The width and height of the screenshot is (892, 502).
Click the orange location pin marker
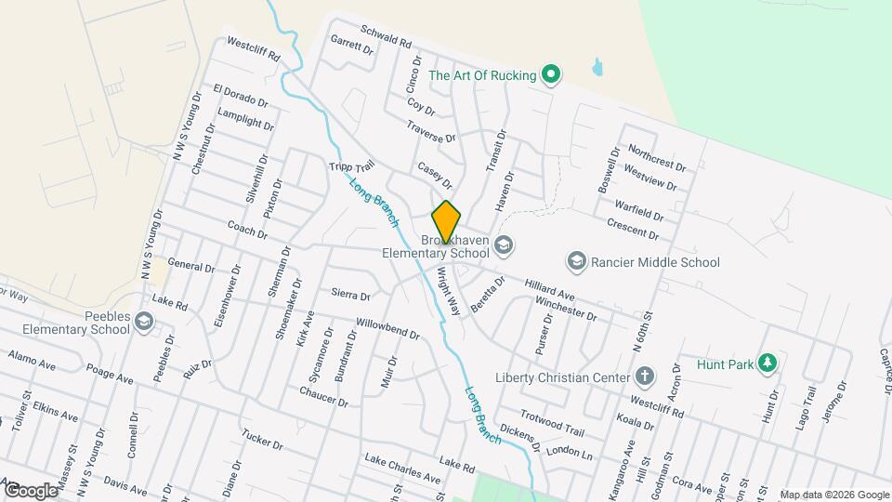click(446, 222)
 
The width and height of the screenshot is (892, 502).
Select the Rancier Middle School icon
click(576, 262)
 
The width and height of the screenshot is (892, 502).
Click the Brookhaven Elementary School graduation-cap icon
click(504, 244)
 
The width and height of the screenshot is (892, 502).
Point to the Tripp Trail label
click(350, 166)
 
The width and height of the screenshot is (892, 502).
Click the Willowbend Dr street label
click(388, 328)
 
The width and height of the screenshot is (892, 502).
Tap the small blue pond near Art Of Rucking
click(596, 67)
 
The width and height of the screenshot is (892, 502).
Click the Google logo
click(31, 490)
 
